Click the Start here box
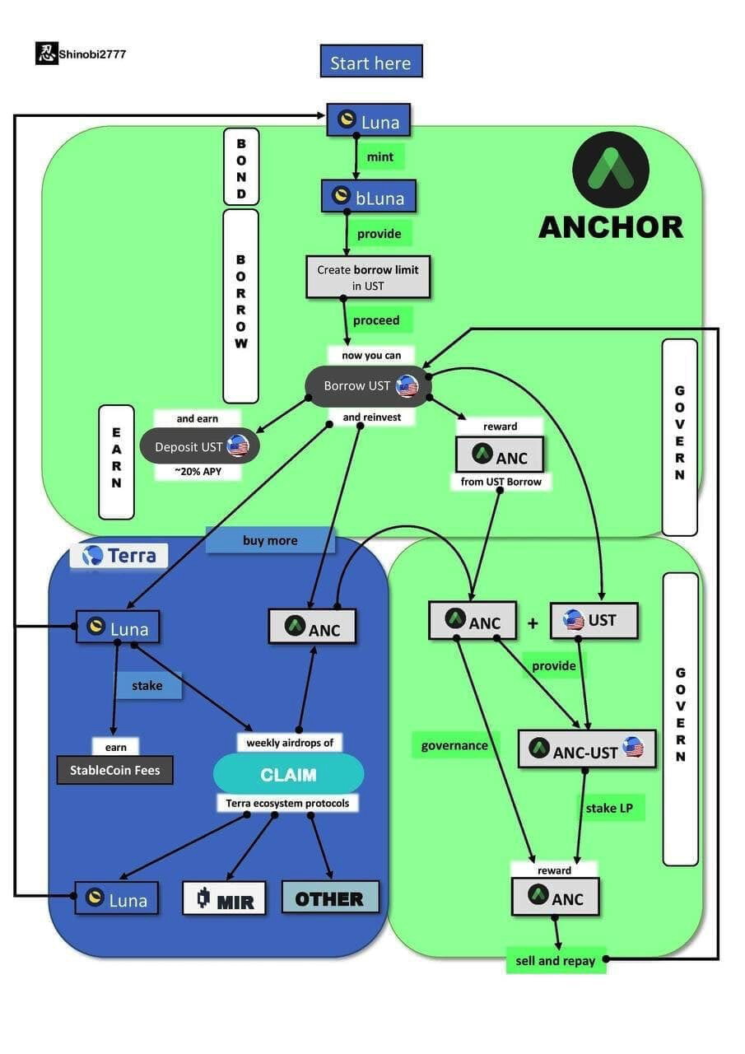click(370, 62)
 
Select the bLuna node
click(368, 197)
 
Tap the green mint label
click(379, 156)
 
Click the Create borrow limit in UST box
click(368, 277)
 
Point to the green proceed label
click(376, 320)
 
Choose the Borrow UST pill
click(368, 385)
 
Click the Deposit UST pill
click(199, 446)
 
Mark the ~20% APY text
click(198, 472)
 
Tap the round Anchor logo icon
click(610, 170)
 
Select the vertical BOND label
click(240, 168)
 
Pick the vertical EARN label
click(116, 462)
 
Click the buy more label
click(270, 540)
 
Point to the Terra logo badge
click(119, 555)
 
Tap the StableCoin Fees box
click(114, 771)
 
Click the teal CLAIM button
click(288, 775)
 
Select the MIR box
click(224, 898)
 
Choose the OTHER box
click(329, 898)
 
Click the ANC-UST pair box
click(586, 750)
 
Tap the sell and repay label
click(555, 960)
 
